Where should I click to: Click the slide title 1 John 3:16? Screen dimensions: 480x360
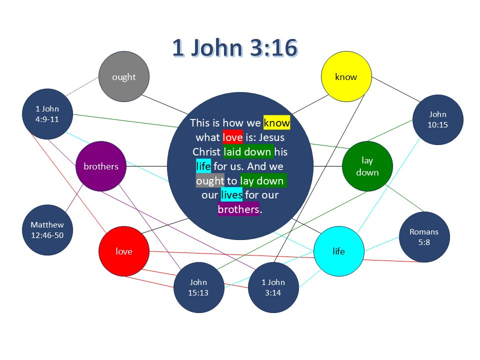click(235, 48)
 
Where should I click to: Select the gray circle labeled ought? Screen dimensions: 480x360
click(124, 76)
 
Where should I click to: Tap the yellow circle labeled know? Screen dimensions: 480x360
click(346, 76)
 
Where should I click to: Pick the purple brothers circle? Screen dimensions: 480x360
click(100, 166)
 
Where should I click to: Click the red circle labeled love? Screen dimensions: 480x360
click(124, 251)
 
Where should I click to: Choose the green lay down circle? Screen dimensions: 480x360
click(367, 166)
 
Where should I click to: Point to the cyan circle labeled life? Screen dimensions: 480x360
click(338, 251)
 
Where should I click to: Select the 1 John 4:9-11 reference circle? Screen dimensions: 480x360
click(47, 114)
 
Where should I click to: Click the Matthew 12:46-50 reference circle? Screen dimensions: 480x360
click(47, 230)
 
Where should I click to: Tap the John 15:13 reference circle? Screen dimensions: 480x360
click(198, 287)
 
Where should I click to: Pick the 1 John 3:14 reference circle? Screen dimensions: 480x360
click(273, 287)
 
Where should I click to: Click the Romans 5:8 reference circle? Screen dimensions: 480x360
click(424, 236)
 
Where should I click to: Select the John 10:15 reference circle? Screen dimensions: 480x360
click(437, 120)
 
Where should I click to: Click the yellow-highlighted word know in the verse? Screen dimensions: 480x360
click(276, 123)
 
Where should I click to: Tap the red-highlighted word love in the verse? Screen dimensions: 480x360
click(232, 137)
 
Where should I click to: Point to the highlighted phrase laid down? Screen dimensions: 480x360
click(248, 151)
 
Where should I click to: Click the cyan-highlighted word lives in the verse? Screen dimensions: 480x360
click(231, 195)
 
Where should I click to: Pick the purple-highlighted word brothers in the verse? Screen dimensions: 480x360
click(238, 209)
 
